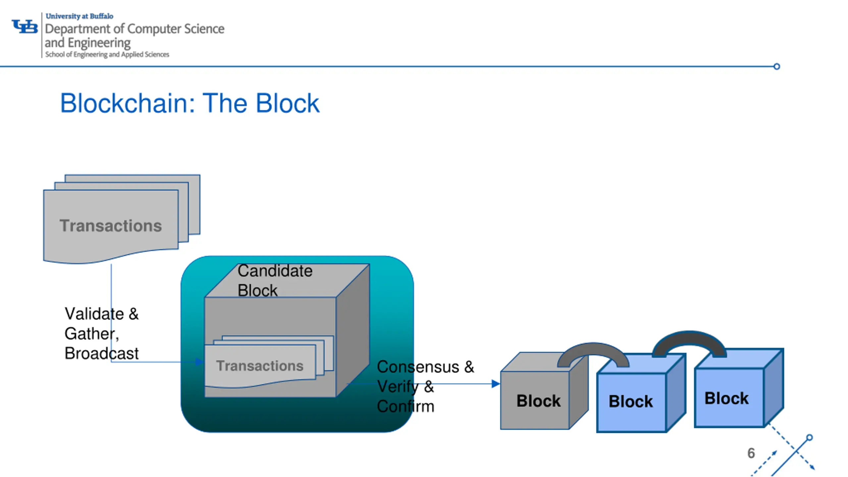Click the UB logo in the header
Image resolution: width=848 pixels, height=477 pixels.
click(x=25, y=26)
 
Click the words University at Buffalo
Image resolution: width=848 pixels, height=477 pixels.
click(x=79, y=16)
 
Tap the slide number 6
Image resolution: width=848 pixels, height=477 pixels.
click(x=751, y=453)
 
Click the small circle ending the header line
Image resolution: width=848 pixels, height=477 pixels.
click(x=776, y=67)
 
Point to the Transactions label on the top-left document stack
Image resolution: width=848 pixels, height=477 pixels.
click(x=111, y=226)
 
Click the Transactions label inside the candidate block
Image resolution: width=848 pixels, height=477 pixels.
click(x=260, y=366)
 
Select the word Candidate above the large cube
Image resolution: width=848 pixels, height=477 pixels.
click(x=275, y=271)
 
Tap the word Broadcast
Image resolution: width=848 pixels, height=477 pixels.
click(x=102, y=353)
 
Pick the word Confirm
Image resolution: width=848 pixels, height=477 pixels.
click(x=405, y=406)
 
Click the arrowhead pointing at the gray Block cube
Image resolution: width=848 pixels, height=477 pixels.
click(x=496, y=384)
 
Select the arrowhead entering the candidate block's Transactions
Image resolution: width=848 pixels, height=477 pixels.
click(x=200, y=362)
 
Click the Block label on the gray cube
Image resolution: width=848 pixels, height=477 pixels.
click(x=539, y=401)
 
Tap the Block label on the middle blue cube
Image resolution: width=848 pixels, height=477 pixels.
click(x=631, y=401)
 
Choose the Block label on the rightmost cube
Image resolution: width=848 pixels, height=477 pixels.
click(x=726, y=398)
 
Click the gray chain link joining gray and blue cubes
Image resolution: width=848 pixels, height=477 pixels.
click(x=593, y=348)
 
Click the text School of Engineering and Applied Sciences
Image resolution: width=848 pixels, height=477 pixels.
click(x=107, y=54)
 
